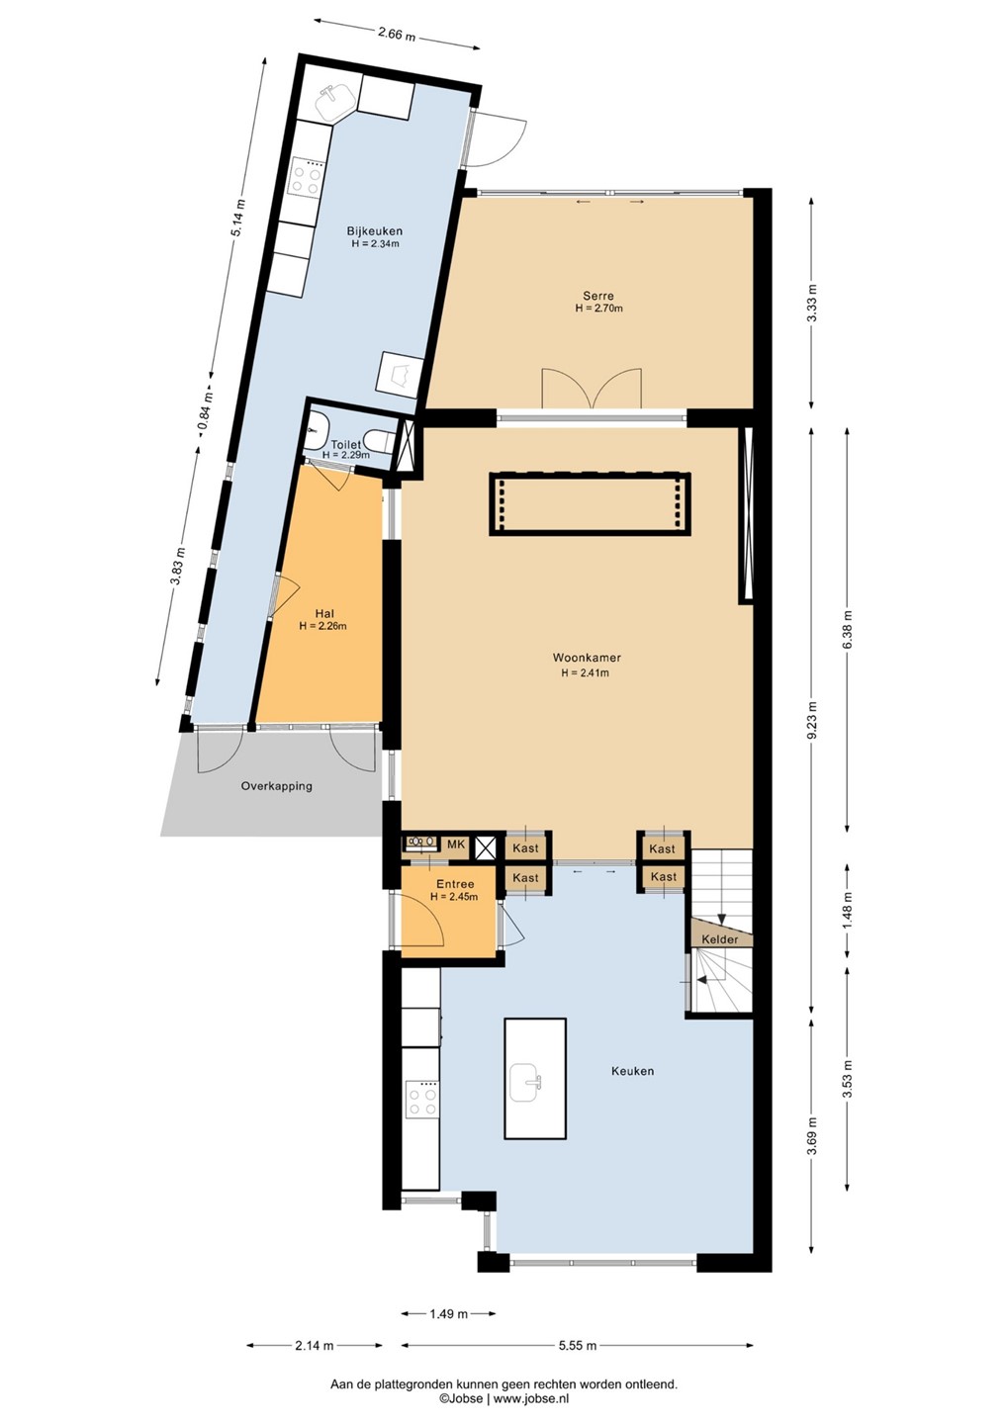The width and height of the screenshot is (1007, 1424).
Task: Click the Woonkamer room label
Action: pos(587,658)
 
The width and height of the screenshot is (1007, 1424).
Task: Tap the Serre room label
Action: pos(598,296)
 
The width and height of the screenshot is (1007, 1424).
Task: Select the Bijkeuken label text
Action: pos(375,230)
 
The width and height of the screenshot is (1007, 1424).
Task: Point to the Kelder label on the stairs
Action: pos(720,939)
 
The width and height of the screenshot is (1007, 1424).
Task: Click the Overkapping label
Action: pos(277,786)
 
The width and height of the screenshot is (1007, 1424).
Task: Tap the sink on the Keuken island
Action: pos(525,1083)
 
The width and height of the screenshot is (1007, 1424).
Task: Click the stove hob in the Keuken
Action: pos(421,1098)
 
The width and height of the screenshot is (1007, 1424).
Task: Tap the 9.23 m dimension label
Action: pos(812,719)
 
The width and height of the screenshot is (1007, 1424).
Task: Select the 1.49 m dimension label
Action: pos(449,1309)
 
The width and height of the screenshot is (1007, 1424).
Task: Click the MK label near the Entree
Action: pos(456,845)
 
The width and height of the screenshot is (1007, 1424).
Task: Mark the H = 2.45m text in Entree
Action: pos(454,897)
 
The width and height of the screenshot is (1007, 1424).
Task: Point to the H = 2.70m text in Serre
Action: pos(598,309)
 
